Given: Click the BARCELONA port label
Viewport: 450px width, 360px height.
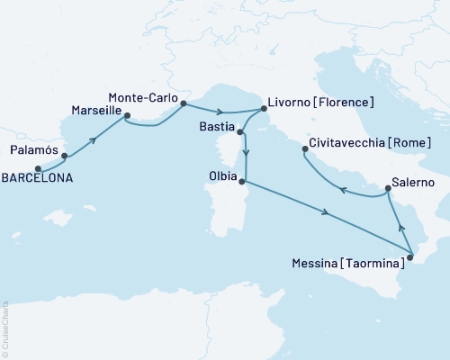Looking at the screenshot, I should (x=36, y=178).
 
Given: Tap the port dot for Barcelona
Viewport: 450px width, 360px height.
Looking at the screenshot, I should (x=38, y=167).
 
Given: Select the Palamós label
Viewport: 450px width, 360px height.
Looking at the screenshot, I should (x=35, y=150).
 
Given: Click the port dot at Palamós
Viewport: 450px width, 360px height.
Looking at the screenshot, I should (x=65, y=156).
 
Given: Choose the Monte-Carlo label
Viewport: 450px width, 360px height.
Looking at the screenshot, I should (x=141, y=96).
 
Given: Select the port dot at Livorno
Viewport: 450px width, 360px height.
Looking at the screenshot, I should (x=264, y=109).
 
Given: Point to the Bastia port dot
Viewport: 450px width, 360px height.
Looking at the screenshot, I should (x=240, y=132).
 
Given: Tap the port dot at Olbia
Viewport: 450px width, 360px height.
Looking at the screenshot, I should (x=242, y=180).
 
